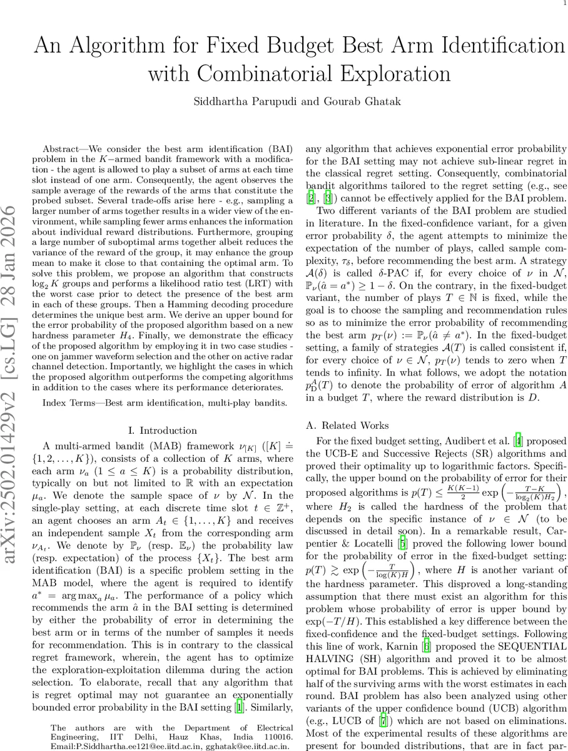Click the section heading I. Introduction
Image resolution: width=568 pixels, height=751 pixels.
[x=161, y=431]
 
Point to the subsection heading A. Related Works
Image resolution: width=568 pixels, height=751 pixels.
[x=342, y=425]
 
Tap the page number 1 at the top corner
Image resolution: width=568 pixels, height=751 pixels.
[x=562, y=4]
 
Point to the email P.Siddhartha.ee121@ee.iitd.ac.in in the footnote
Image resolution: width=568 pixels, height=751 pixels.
[x=111, y=746]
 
